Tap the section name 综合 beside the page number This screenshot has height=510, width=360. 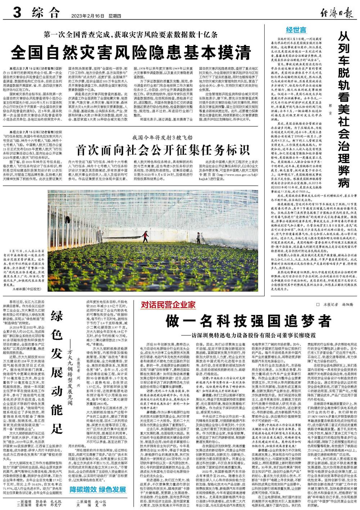click(45, 13)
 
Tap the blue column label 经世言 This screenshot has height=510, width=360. click(296, 29)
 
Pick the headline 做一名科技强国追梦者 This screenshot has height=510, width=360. click(248, 321)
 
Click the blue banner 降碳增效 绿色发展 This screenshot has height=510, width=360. click(95, 489)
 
